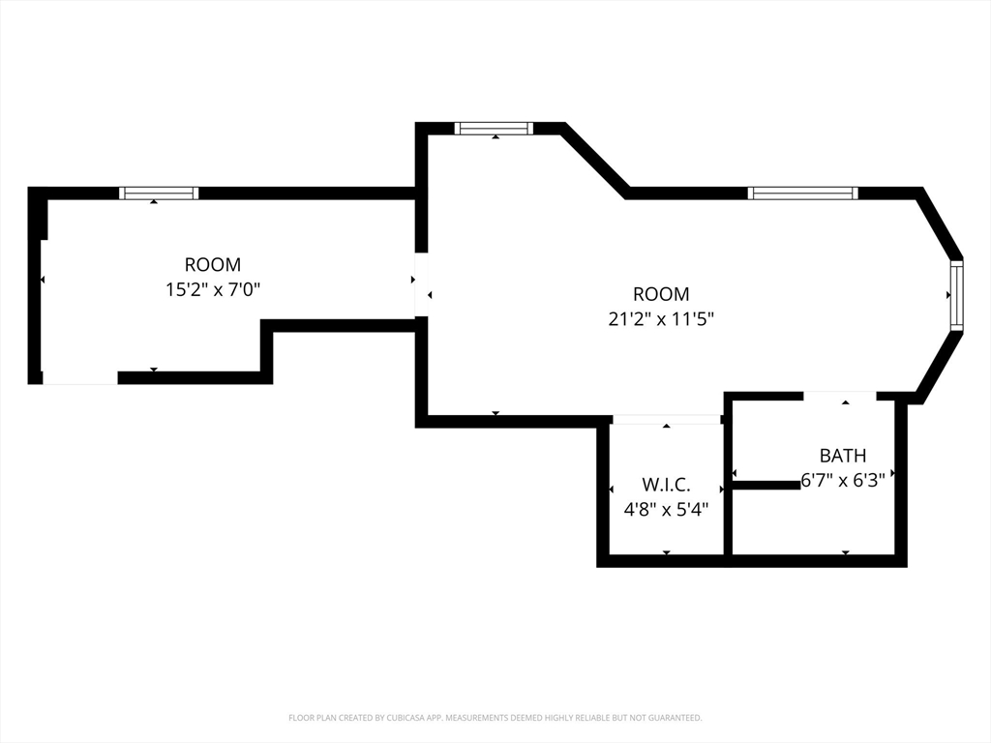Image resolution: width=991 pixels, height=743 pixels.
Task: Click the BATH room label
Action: [843, 456]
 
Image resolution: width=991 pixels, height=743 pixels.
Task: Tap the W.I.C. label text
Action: [666, 485]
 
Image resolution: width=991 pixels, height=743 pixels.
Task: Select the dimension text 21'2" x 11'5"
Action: [661, 319]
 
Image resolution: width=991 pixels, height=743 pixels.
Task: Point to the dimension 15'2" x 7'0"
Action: [213, 289]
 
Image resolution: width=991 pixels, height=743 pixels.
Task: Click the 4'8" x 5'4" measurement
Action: [666, 509]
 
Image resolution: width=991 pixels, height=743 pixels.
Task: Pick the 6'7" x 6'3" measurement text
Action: [843, 481]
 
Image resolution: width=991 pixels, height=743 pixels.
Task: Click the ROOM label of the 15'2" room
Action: [213, 264]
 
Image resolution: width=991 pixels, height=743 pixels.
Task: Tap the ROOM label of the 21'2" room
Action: [661, 294]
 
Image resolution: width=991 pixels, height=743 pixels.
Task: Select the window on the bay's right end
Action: [957, 295]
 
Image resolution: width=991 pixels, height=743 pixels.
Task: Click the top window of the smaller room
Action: [160, 193]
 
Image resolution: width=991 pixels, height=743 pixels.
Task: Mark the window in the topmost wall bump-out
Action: [495, 129]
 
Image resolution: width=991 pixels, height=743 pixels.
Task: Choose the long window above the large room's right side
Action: [803, 193]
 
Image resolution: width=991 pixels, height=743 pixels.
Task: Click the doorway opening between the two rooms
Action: [422, 284]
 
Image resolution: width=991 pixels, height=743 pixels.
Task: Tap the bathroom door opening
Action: [840, 396]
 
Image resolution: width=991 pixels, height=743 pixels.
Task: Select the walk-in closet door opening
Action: [667, 420]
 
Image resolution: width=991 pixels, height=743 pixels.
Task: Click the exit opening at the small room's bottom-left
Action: [79, 378]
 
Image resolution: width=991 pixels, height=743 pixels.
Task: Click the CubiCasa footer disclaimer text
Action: [495, 718]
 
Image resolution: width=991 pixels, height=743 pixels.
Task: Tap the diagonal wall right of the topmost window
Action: [595, 161]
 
